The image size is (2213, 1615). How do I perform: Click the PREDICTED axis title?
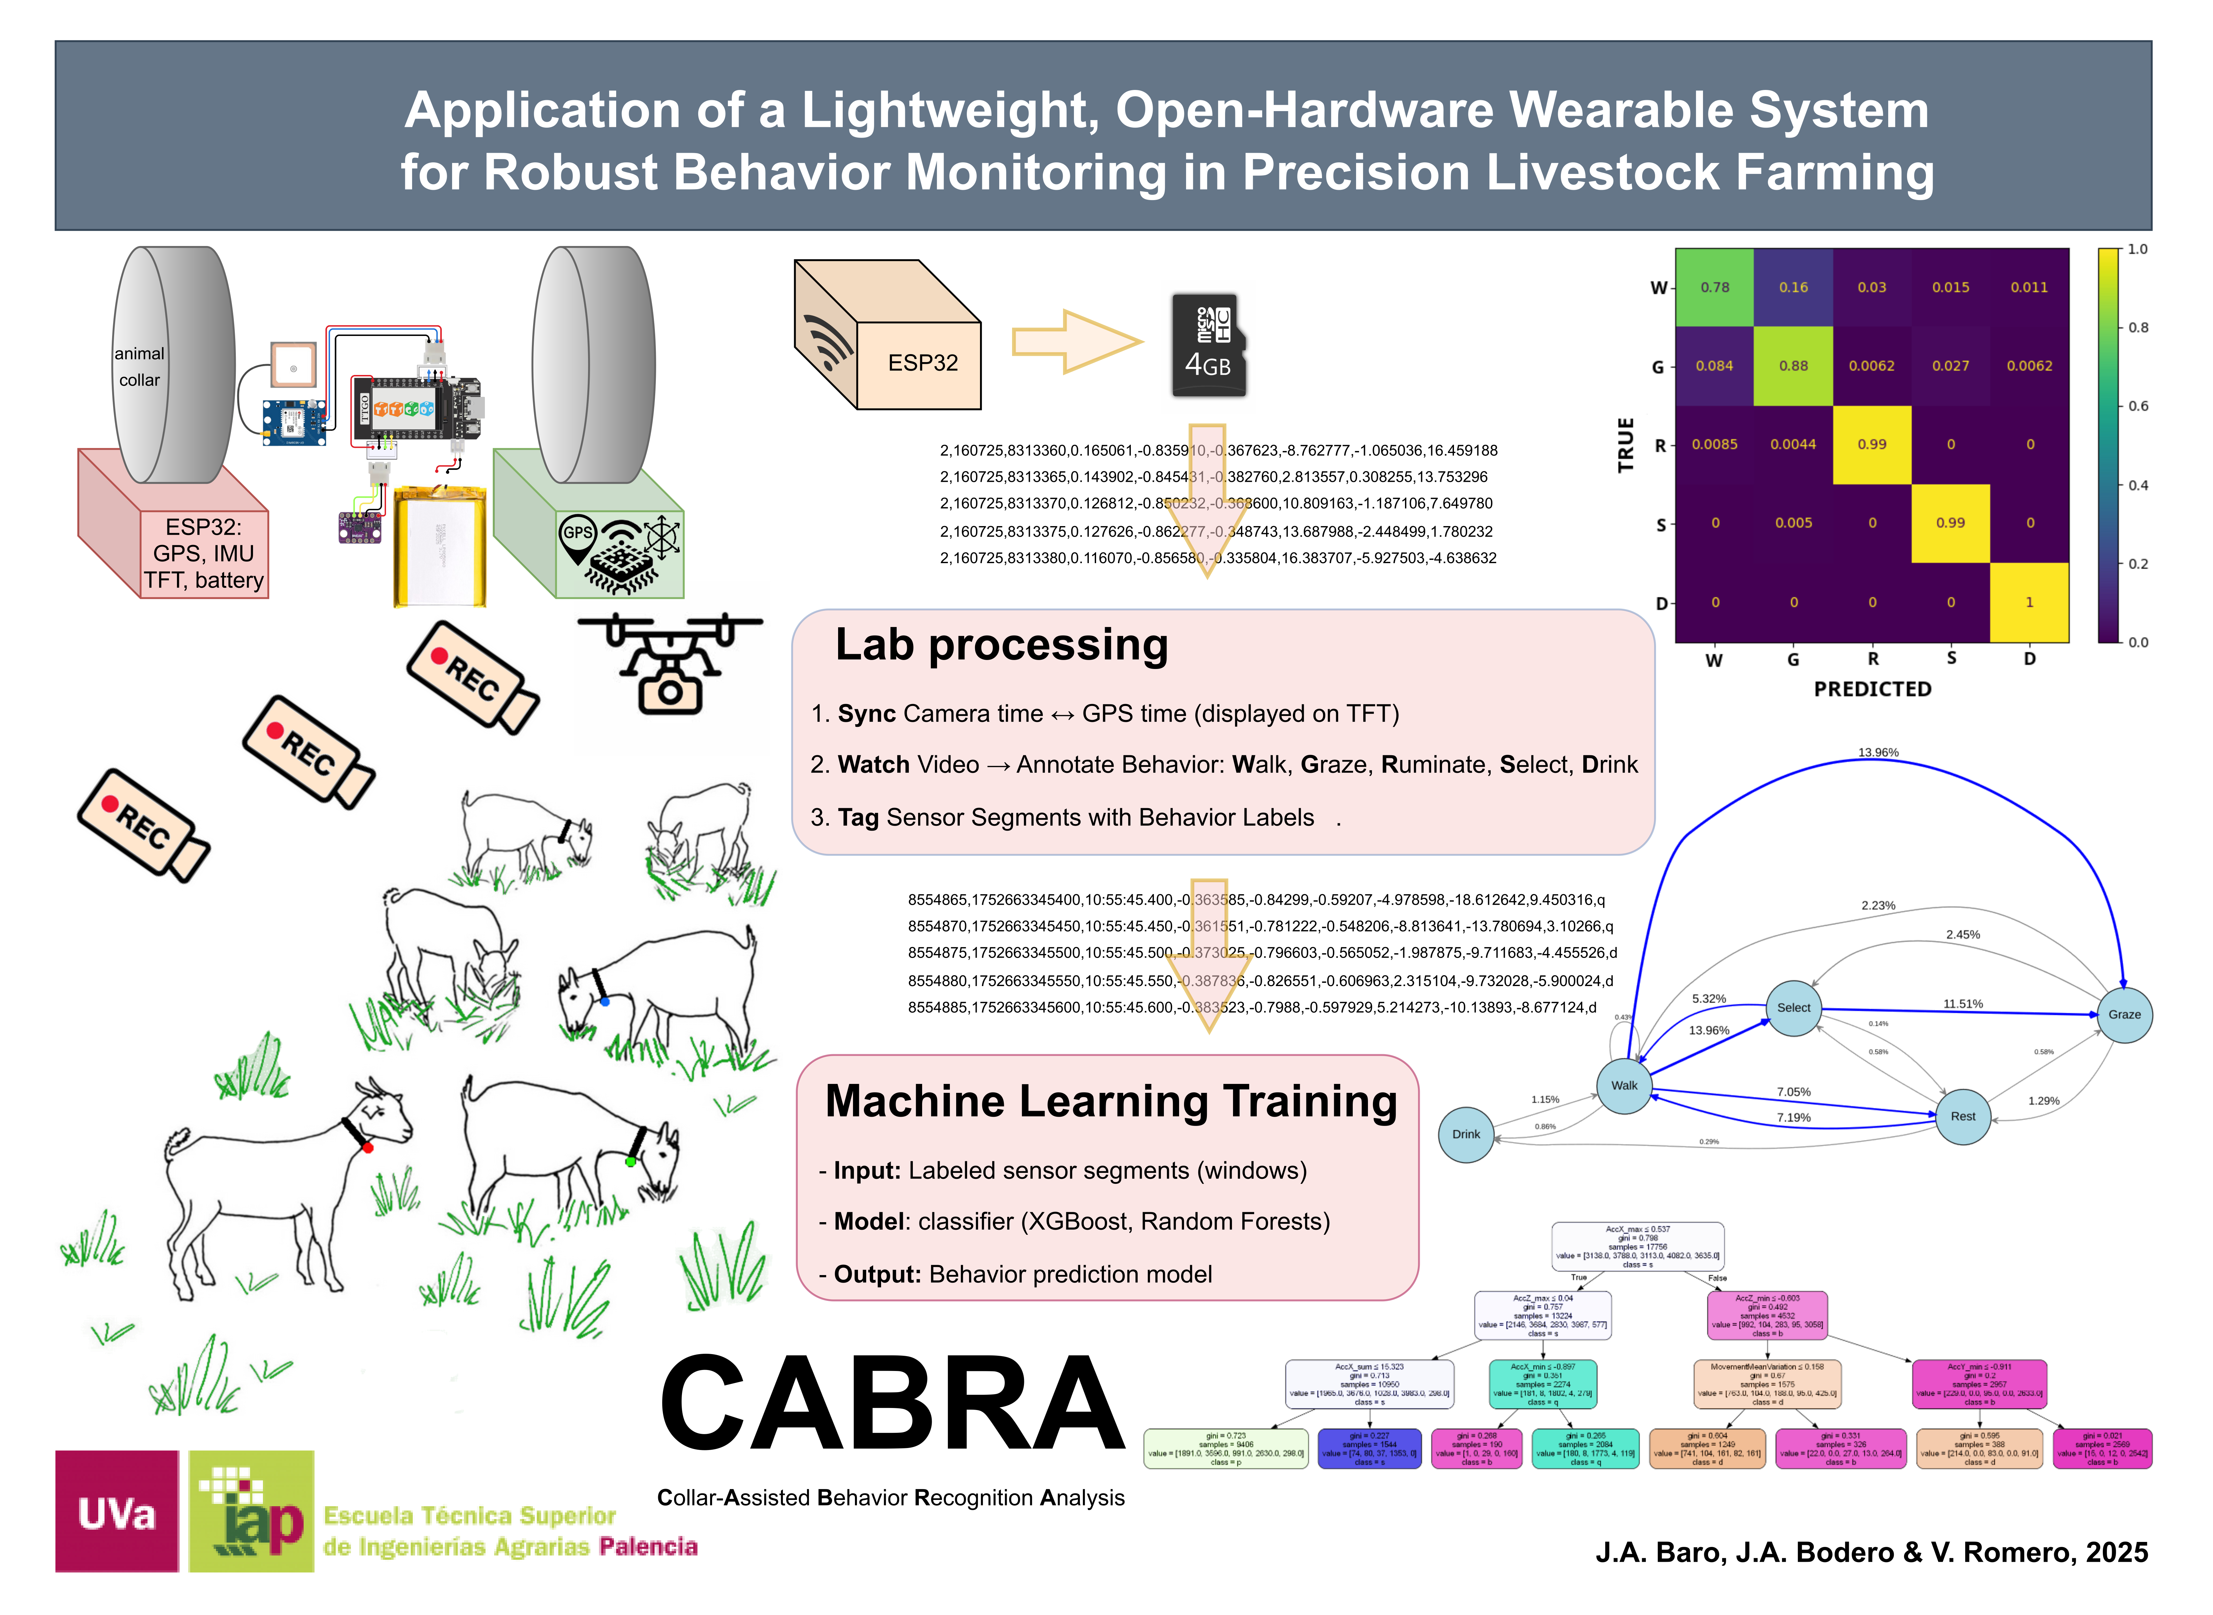tap(1872, 689)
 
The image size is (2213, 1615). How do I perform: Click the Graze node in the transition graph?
tap(2124, 1015)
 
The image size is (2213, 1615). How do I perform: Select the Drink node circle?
tap(1466, 1134)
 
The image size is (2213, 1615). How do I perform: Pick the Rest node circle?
tap(1963, 1116)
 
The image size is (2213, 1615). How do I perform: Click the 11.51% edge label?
tap(1963, 1004)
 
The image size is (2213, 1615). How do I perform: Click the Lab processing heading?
tap(1001, 645)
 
